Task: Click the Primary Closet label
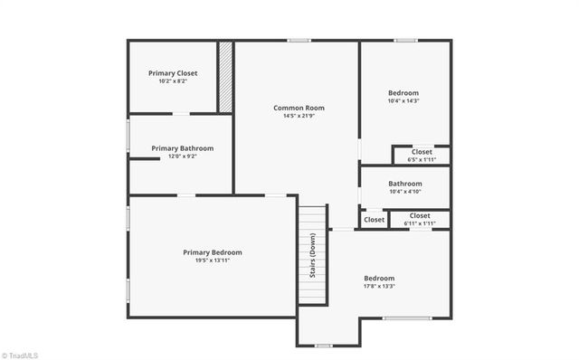pos(173,73)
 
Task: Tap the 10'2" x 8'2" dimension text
pos(173,82)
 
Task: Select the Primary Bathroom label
pos(183,148)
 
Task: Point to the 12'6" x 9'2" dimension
pos(183,156)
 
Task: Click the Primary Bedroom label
pos(213,252)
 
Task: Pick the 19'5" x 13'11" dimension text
pos(213,261)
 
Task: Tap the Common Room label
pos(299,108)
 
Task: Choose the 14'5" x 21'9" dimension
pos(299,116)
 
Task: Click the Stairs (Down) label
pos(313,257)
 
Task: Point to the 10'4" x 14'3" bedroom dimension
pos(403,100)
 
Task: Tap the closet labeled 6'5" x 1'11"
pos(422,155)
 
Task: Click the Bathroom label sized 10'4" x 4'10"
pos(404,186)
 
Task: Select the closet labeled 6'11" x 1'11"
pos(420,219)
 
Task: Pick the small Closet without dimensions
pos(374,220)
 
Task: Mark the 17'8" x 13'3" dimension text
pos(379,286)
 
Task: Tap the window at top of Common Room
pos(299,40)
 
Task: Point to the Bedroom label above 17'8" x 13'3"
pos(379,278)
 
